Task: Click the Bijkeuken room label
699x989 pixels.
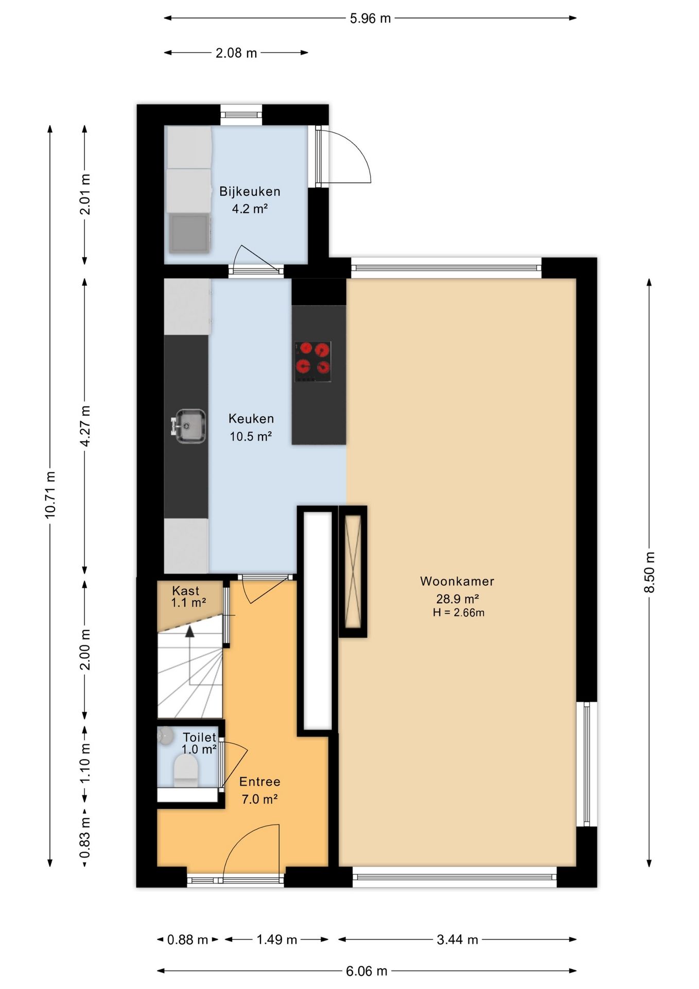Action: click(x=250, y=192)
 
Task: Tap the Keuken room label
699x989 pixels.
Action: click(x=251, y=419)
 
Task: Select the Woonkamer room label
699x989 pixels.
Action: click(x=457, y=582)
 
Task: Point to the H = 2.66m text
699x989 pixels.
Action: click(x=459, y=612)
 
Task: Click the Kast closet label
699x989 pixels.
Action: click(x=185, y=591)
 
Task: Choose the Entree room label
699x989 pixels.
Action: click(x=260, y=782)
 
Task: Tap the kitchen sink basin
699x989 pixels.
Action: click(x=190, y=426)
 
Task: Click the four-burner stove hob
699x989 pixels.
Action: click(x=312, y=362)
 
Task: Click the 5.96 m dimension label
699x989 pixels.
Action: click(x=370, y=19)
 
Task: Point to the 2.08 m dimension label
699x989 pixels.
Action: click(x=236, y=53)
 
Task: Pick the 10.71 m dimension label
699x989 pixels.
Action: click(x=50, y=494)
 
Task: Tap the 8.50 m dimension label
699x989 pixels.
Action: click(x=650, y=572)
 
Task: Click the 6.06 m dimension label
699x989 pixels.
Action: click(x=366, y=971)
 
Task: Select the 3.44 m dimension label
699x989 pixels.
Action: click(x=458, y=940)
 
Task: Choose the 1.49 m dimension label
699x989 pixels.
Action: click(x=277, y=940)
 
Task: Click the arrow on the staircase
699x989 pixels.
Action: click(x=190, y=655)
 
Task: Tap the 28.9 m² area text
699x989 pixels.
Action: click(x=458, y=599)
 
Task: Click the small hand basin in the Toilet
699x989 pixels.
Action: click(x=165, y=736)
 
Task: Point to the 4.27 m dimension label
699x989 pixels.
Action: click(x=85, y=426)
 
